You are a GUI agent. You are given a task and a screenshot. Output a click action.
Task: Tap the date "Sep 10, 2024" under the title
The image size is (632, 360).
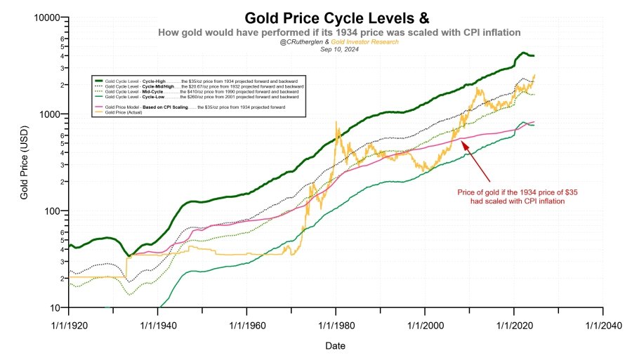(x=340, y=49)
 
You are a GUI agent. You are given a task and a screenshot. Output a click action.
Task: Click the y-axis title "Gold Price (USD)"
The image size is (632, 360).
(x=24, y=163)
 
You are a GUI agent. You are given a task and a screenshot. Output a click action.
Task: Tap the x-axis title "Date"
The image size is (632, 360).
(x=335, y=346)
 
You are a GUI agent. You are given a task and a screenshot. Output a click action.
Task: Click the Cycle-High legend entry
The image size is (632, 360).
(x=197, y=81)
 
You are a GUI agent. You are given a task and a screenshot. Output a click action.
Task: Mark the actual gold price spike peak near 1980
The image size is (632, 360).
(x=336, y=123)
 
